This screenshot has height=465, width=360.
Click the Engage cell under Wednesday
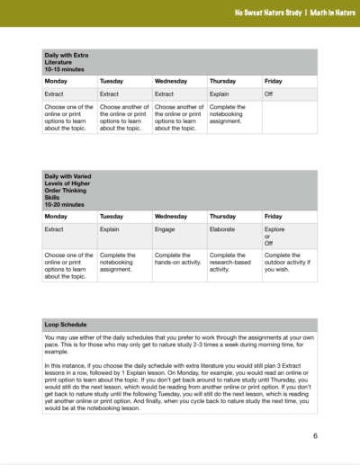click(x=165, y=229)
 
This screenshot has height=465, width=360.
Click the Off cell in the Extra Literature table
click(x=268, y=94)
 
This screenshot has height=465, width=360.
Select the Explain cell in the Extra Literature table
click(x=219, y=94)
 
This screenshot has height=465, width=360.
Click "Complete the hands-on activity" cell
click(x=175, y=259)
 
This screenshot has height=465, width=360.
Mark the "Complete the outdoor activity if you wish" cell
click(x=288, y=259)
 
